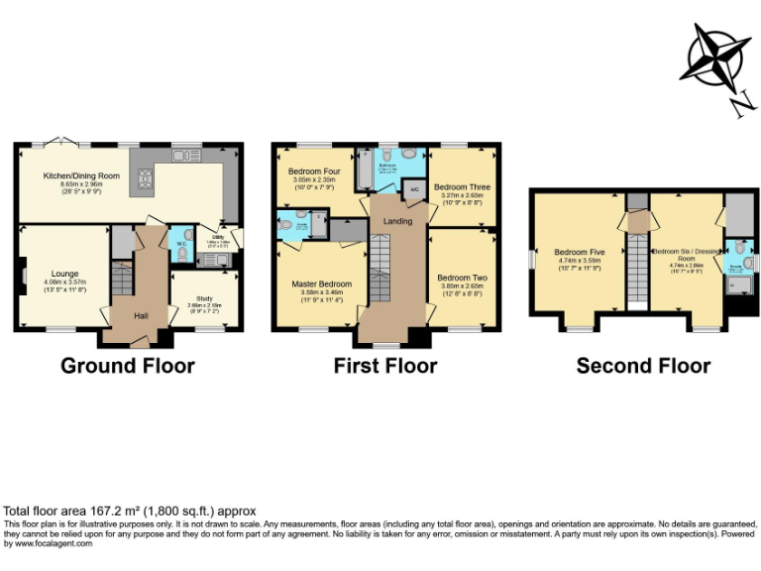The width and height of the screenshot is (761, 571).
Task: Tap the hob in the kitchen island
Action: pos(144,178)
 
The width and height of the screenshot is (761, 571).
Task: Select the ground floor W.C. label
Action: pos(181,243)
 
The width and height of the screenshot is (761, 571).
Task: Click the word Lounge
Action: pos(65,274)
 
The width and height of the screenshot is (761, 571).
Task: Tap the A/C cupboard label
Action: pos(415,189)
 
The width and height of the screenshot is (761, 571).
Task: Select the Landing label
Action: pos(398,221)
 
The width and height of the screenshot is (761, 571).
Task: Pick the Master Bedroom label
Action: pos(321,285)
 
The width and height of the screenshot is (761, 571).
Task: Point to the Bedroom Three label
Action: pos(462,186)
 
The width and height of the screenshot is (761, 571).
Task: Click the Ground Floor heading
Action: pos(128,366)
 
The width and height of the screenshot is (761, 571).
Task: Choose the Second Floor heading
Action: pos(643,366)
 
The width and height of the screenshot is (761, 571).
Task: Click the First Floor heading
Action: pos(385,366)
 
